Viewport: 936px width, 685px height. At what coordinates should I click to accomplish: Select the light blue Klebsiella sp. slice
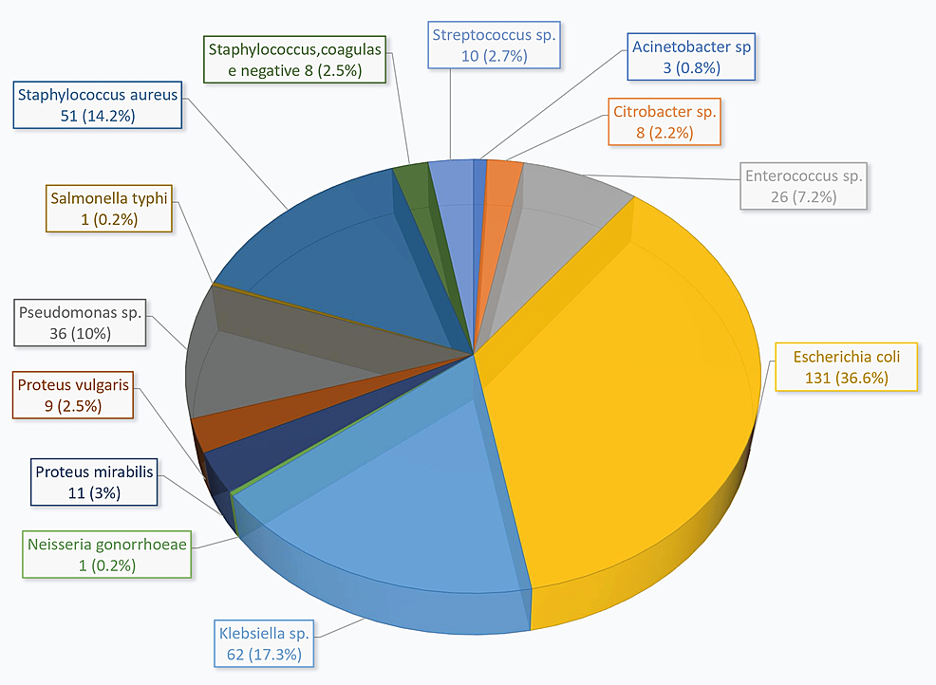click(x=399, y=503)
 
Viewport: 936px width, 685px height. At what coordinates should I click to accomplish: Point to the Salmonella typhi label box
click(x=108, y=209)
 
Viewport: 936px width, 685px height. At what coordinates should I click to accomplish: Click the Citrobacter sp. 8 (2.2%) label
click(x=665, y=122)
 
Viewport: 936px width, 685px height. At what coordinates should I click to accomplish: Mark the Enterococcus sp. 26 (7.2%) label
click(x=805, y=186)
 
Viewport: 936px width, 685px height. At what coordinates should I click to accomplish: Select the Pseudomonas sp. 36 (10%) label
click(x=83, y=323)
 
